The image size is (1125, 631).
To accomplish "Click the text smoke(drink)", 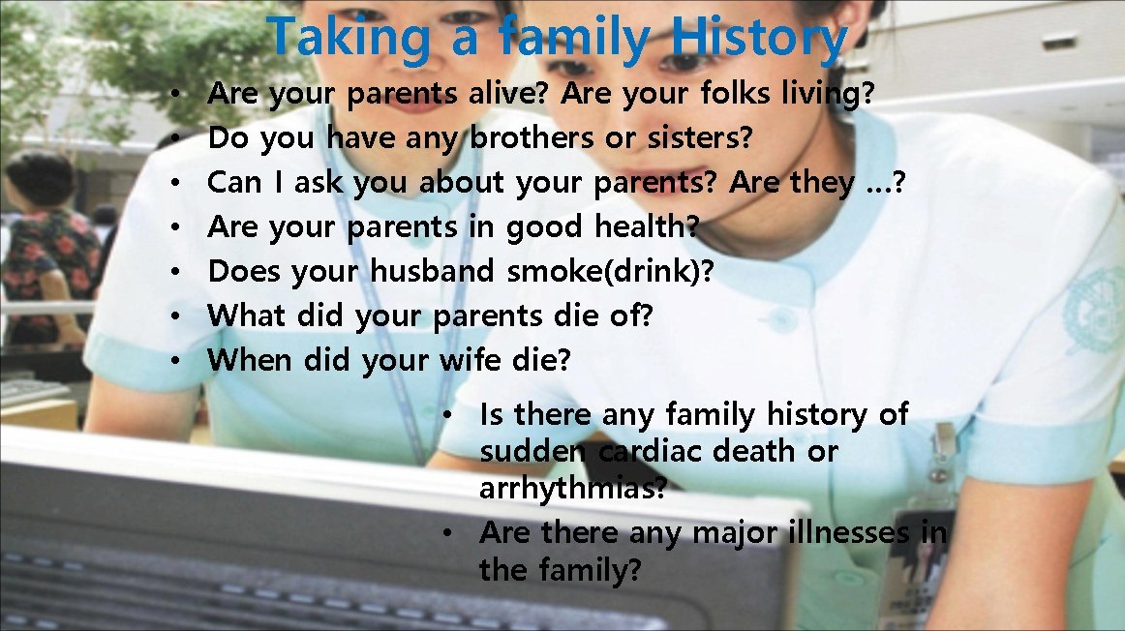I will [x=610, y=272].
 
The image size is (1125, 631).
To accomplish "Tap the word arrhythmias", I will [x=571, y=489].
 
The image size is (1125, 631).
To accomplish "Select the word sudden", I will [x=532, y=452].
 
